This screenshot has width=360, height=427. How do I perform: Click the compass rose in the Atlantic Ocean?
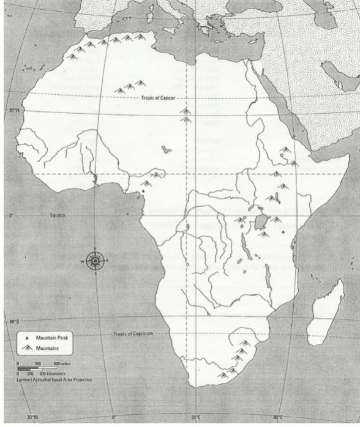pos(95,261)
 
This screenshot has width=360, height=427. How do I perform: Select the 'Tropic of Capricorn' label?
pos(133,333)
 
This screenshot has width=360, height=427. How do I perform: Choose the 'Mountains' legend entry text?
pos(47,347)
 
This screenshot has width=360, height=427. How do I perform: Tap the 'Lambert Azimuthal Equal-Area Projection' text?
pos(56,380)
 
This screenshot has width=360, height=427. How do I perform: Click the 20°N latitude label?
pos(15,110)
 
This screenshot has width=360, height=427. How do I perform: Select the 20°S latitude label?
pos(14,321)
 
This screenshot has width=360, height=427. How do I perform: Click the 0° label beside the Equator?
pos(11,216)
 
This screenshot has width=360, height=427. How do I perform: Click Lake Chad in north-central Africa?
pos(166,149)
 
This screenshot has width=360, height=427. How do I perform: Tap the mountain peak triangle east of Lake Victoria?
pos(283,232)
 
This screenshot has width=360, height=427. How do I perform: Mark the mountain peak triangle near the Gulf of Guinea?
pos(142,191)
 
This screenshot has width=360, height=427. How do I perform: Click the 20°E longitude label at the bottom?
pos(196,418)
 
